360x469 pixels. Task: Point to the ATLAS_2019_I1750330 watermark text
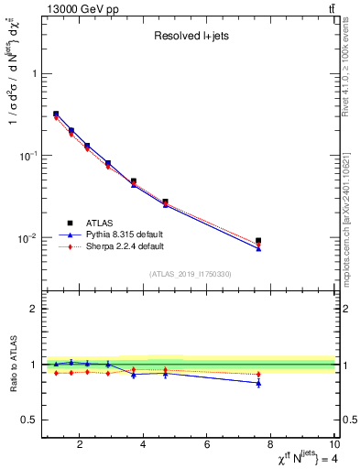pyautogui.click(x=191, y=274)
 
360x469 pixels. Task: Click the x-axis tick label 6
pyautogui.click(x=208, y=446)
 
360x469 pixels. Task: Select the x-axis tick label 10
pyautogui.click(x=333, y=446)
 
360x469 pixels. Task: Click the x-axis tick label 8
pyautogui.click(x=272, y=446)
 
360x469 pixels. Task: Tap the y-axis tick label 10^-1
pyautogui.click(x=28, y=156)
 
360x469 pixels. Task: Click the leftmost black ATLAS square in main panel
pyautogui.click(x=56, y=115)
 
